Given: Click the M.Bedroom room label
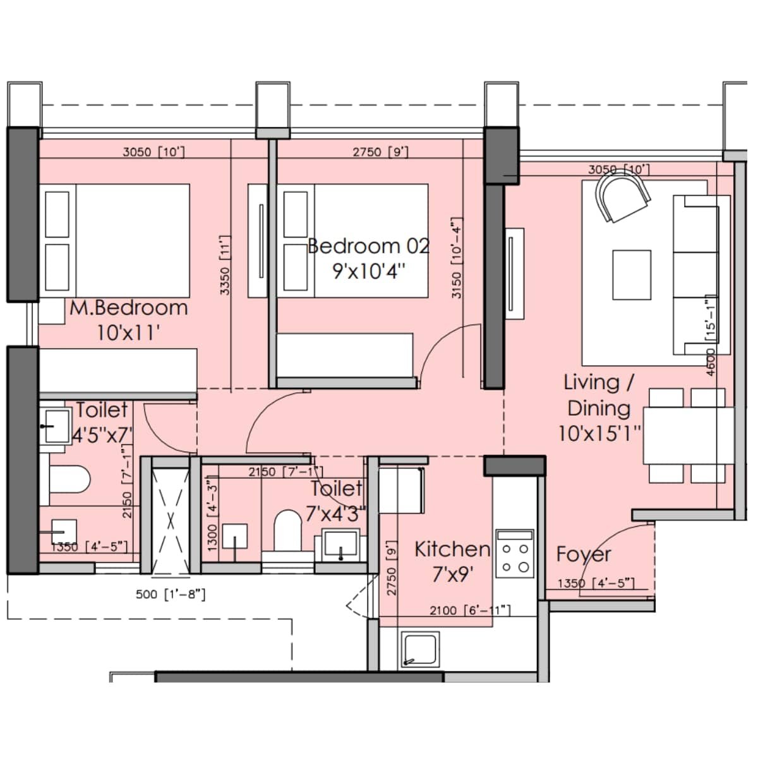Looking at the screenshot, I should (x=128, y=308).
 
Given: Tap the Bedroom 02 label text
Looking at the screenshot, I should (x=368, y=246).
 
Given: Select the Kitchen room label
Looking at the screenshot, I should (x=452, y=549).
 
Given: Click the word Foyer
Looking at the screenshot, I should (x=583, y=555).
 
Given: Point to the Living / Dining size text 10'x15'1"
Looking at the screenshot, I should (x=599, y=433).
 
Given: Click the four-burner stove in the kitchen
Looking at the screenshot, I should (x=515, y=553).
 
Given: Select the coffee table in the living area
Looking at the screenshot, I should (x=631, y=275).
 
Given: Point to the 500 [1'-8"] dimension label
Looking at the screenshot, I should (x=171, y=594).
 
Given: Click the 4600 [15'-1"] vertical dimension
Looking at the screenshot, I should (x=711, y=335).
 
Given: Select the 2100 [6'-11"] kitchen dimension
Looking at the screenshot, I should (x=469, y=610).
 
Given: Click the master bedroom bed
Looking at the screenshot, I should (x=117, y=240).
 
